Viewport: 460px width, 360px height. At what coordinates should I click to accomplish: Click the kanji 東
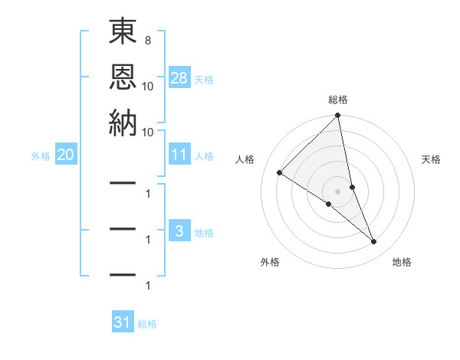point(123,33)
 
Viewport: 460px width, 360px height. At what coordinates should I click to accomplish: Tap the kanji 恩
point(123,77)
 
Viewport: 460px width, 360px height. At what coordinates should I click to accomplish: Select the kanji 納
point(123,123)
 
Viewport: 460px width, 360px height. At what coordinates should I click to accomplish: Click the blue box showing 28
point(179,77)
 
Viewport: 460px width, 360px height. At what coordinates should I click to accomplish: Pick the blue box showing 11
point(179,155)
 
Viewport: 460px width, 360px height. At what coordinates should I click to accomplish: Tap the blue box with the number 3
point(179,231)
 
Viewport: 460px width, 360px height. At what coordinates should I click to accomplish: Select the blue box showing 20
point(66,155)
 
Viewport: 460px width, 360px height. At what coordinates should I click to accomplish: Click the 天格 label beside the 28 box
point(205,79)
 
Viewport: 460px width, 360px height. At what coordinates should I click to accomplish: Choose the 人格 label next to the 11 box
point(205,156)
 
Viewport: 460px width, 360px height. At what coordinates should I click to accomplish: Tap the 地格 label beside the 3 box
point(205,232)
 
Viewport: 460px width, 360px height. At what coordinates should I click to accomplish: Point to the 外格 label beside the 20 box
point(41,156)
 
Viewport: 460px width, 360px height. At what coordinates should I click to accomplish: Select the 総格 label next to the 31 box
point(148,324)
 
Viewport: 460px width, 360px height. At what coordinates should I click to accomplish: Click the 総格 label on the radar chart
point(338,100)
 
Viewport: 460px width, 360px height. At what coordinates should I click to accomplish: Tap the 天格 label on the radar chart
point(432,159)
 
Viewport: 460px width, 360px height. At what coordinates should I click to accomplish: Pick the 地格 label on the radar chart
point(402,262)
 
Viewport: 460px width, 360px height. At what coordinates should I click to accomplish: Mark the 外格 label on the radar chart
point(270,262)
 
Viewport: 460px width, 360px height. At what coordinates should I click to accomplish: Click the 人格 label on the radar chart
point(245,159)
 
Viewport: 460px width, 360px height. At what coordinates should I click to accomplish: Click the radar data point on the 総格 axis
point(338,116)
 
